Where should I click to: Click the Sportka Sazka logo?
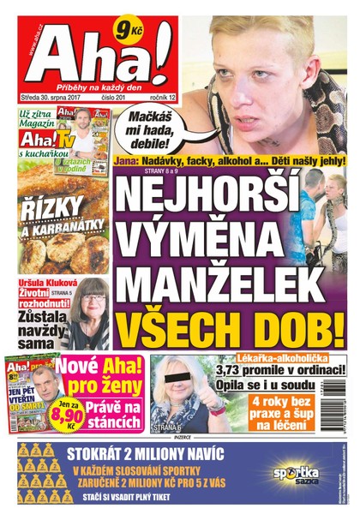point(296,473)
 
